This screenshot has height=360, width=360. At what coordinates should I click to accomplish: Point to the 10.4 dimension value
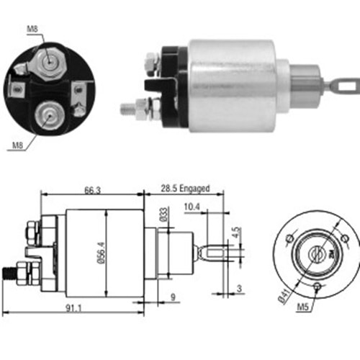(192, 209)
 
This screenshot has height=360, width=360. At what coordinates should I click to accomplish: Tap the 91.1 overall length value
(72, 309)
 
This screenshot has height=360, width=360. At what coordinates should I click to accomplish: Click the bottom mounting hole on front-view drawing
(318, 286)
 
